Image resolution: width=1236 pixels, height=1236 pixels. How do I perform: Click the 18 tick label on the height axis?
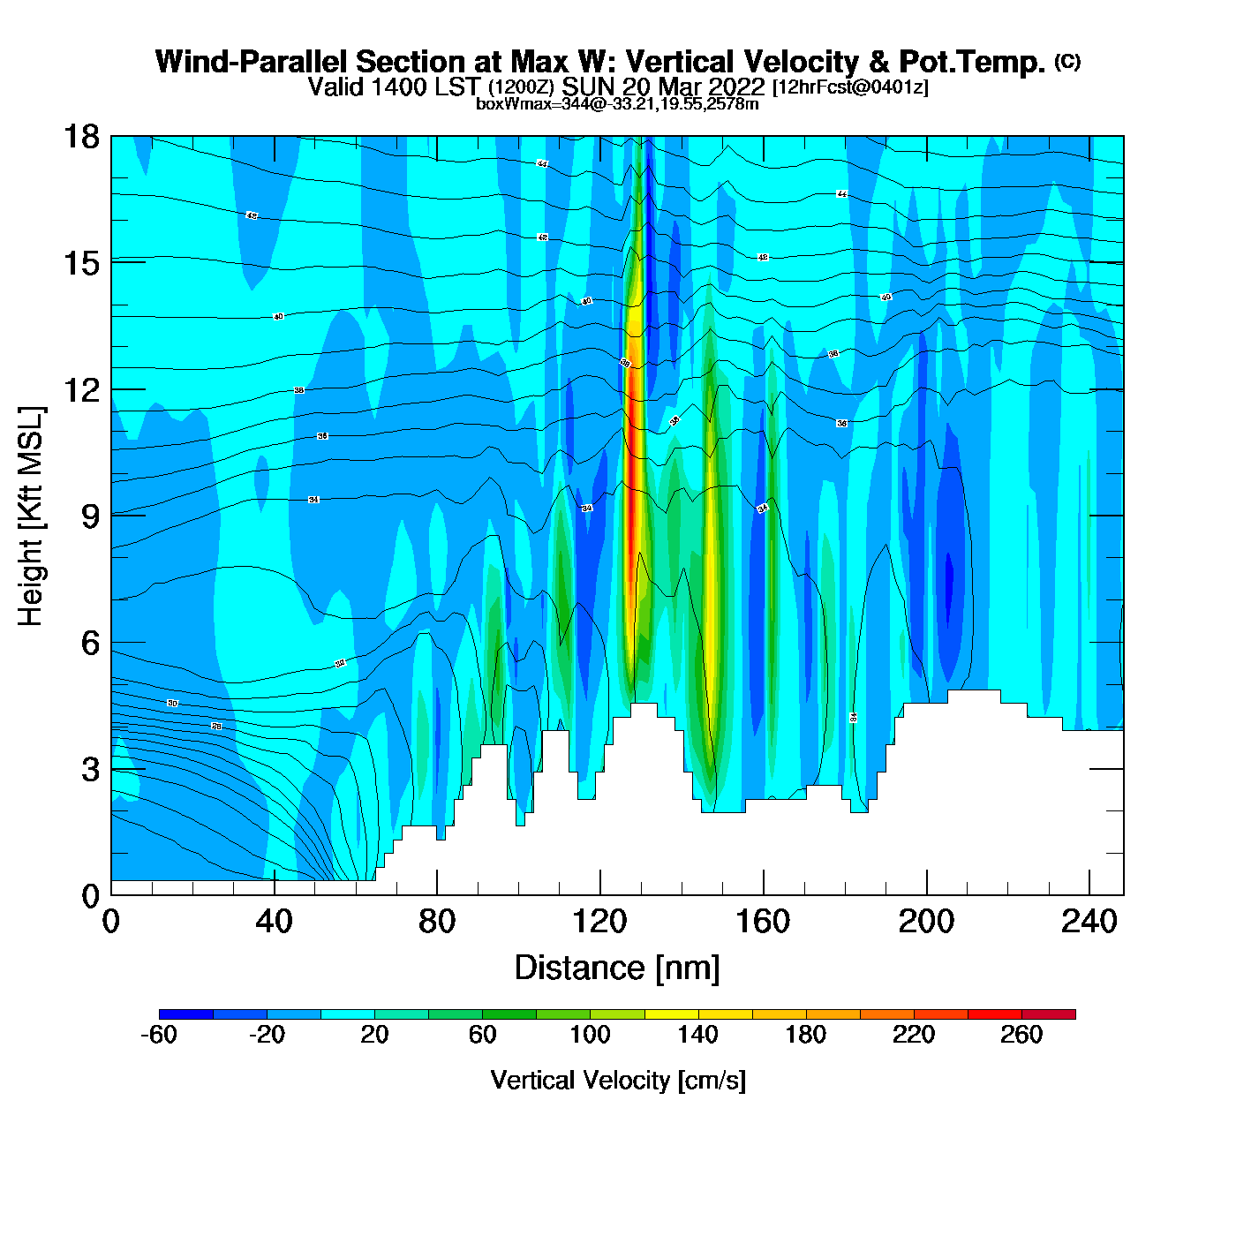(80, 137)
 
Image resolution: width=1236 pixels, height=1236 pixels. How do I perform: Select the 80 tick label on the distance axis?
(437, 922)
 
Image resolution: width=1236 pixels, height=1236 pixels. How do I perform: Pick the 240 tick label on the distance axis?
(1089, 922)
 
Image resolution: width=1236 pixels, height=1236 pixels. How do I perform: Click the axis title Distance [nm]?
(617, 968)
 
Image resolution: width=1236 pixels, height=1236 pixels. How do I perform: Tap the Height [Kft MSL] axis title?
(31, 516)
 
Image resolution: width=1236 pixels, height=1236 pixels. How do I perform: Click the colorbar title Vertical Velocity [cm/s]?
(618, 1080)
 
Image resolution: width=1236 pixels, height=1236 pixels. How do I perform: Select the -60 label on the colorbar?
(159, 1035)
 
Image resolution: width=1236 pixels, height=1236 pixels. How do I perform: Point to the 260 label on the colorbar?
(1021, 1035)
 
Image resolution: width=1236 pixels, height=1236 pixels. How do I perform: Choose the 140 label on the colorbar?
(697, 1035)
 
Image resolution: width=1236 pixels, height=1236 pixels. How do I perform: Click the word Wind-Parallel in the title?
(252, 63)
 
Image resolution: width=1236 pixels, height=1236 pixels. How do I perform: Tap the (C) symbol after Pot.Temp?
(1067, 61)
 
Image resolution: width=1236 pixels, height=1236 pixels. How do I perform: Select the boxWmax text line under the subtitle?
(617, 103)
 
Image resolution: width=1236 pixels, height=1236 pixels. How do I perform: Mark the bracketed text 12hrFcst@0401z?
(850, 87)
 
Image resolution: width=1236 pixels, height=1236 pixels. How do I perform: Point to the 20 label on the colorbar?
(374, 1035)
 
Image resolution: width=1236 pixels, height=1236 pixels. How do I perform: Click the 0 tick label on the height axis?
(90, 896)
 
